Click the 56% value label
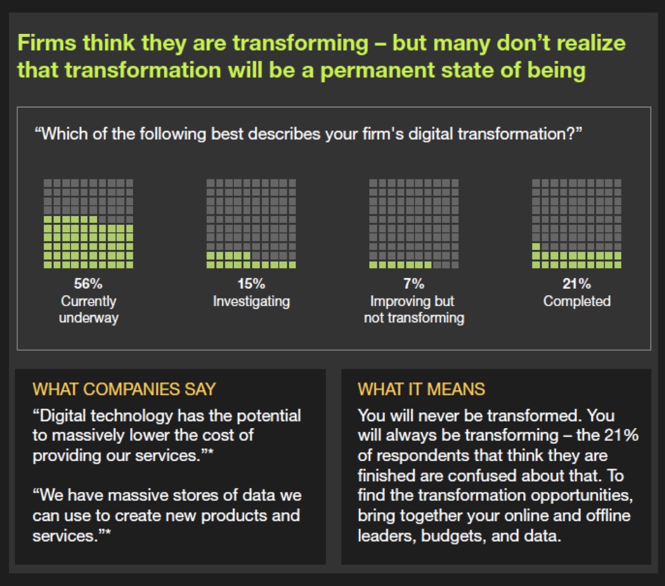88,284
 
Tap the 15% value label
251,284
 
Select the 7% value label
413,284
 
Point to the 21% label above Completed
576,284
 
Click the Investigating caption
251,301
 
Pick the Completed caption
576,301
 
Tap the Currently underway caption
88,309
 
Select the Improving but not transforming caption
413,309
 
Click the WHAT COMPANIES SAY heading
124,389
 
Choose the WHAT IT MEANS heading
421,389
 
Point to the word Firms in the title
47,42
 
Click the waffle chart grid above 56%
88,223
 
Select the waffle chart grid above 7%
413,223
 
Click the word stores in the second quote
166,495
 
